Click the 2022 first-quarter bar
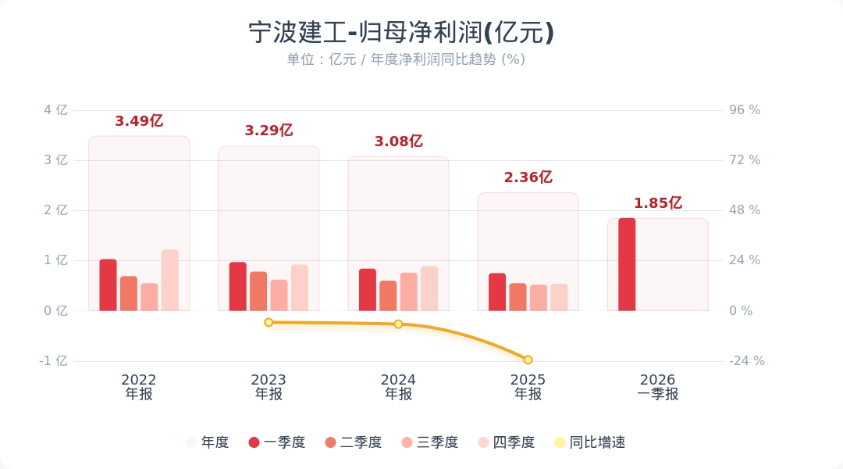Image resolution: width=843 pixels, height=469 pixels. pos(108,285)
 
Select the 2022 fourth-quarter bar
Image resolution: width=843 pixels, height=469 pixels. pos(170,280)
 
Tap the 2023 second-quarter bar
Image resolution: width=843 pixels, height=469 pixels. pos(258,291)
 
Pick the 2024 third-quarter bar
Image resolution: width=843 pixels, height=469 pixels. pos(409,292)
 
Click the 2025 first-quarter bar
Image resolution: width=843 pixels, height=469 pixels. pos(497,292)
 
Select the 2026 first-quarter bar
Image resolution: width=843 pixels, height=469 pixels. pos(627,264)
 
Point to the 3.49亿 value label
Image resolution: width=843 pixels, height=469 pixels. pos(139,121)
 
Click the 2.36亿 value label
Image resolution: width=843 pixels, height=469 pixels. pos(528,177)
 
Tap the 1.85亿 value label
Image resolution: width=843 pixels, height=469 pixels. pos(657,203)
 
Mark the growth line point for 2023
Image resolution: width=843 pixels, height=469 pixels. pos(269,322)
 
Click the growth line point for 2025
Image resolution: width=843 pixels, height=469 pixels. pos(528,360)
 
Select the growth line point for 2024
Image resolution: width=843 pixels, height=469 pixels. pos(398,324)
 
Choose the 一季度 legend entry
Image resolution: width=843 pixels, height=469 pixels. pos(276,442)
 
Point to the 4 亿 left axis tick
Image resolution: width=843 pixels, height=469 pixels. pos(55,110)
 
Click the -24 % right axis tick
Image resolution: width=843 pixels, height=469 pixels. pos(746,361)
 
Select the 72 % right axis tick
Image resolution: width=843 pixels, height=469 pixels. pos(744,160)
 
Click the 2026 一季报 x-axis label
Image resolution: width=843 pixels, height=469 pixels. pos(657,387)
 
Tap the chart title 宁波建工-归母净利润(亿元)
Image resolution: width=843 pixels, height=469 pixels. pos(401,33)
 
